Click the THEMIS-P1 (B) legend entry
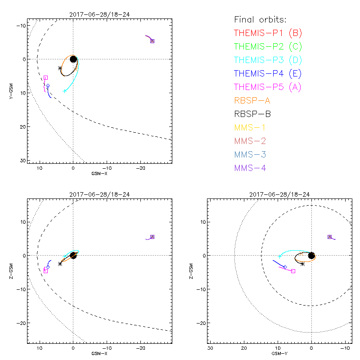pyautogui.click(x=268, y=33)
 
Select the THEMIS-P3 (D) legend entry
pyautogui.click(x=268, y=60)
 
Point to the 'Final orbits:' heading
pyautogui.click(x=260, y=19)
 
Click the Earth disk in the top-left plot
pyautogui.click(x=73, y=59)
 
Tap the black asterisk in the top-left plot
pyautogui.click(x=60, y=68)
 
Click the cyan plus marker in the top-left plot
pyautogui.click(x=65, y=91)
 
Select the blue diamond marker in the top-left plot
pyautogui.click(x=48, y=85)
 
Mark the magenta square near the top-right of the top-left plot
pyautogui.click(x=152, y=41)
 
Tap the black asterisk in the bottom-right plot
pyautogui.click(x=302, y=264)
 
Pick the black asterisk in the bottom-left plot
pyautogui.click(x=60, y=264)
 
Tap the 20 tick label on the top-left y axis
pyautogui.click(x=22, y=126)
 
